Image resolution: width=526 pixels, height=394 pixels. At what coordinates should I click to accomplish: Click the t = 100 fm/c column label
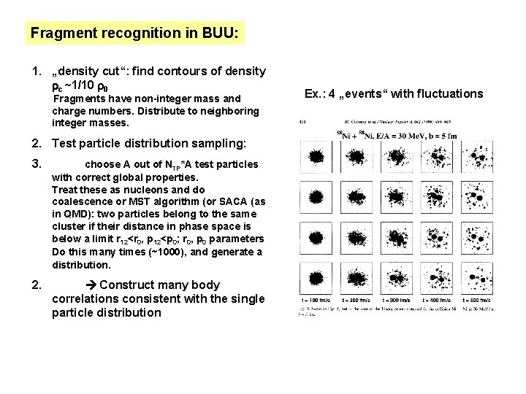(x=319, y=299)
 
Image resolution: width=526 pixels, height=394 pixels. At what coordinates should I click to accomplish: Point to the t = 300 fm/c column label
(x=398, y=299)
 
